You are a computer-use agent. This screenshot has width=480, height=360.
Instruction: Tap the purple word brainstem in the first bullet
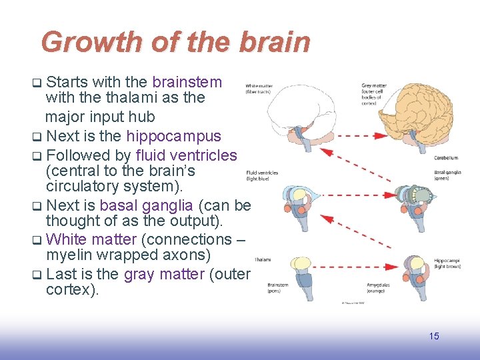click(187, 82)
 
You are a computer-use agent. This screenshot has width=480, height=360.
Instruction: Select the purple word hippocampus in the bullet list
click(173, 137)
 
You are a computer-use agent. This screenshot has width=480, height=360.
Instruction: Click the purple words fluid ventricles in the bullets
click(185, 155)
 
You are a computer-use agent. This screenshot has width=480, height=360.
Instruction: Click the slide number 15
click(433, 336)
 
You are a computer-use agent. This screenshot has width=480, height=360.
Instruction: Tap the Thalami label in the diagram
click(262, 259)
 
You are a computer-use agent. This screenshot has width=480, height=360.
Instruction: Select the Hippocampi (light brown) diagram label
click(447, 263)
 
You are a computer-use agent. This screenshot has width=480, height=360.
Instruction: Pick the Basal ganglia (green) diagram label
click(447, 175)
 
